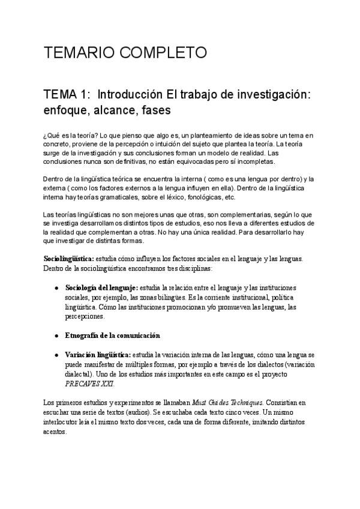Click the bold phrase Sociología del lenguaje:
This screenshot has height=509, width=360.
point(101,287)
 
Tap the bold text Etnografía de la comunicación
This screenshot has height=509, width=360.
point(112,335)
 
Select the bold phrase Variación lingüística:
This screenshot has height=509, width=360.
point(98,355)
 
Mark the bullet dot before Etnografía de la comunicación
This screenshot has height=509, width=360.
point(56,335)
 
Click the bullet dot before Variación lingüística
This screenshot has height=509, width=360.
point(56,355)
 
